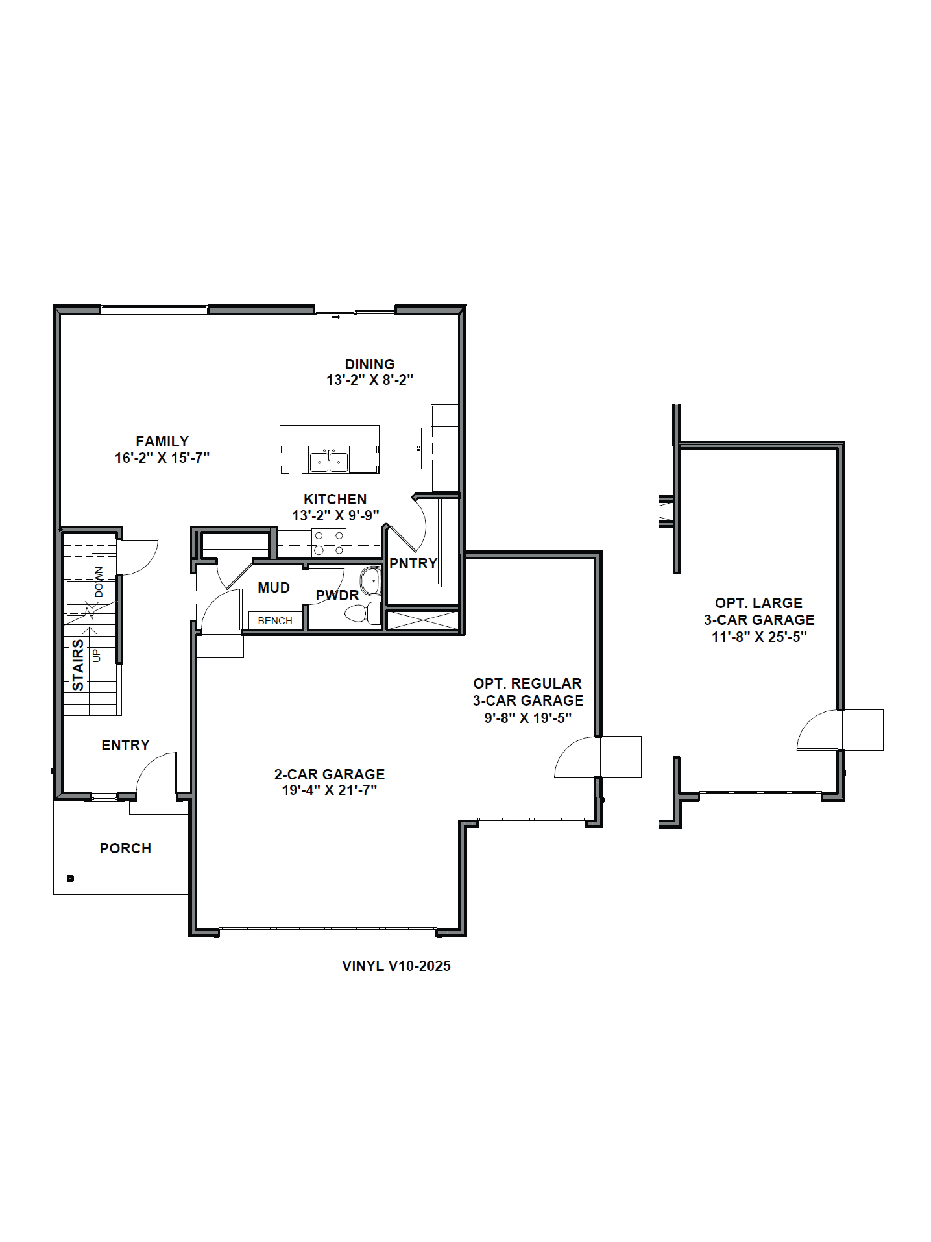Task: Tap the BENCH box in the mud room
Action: pyautogui.click(x=275, y=620)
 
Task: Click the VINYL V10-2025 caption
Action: pyautogui.click(x=396, y=966)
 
